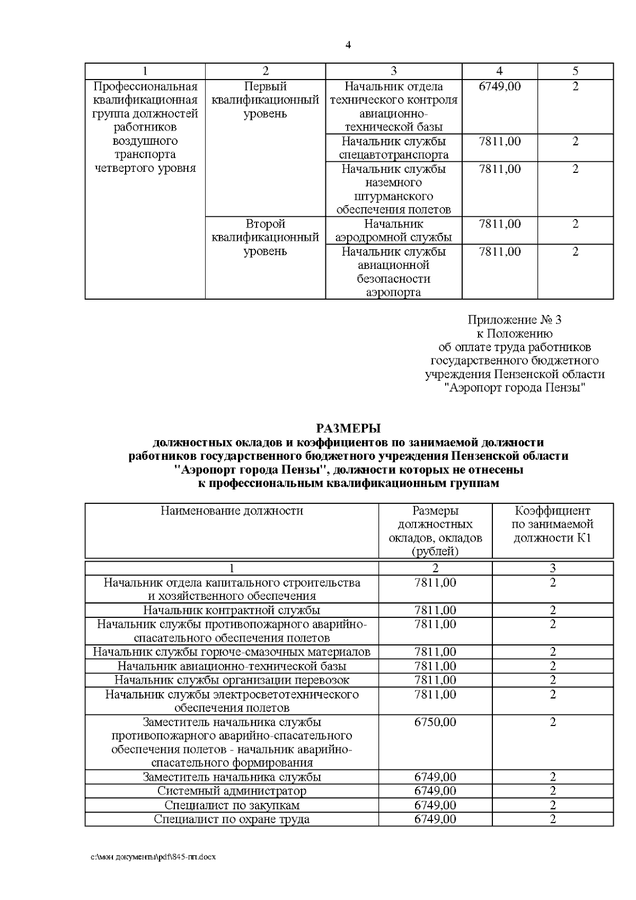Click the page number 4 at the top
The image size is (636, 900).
click(x=348, y=45)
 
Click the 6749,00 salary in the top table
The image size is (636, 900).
click(x=499, y=86)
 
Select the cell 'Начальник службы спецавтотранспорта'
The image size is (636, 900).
click(x=393, y=148)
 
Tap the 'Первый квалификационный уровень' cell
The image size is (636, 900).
click(x=265, y=100)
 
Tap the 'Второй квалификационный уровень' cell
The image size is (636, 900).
click(x=265, y=237)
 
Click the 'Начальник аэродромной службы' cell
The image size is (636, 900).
click(x=393, y=230)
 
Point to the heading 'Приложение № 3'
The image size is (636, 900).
click(x=514, y=320)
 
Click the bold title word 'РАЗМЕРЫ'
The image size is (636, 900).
click(x=348, y=428)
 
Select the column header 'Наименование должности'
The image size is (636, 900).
click(x=232, y=511)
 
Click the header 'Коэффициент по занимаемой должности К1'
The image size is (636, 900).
click(x=552, y=524)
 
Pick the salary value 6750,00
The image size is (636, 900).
click(x=435, y=722)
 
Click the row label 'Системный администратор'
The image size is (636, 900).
click(x=232, y=791)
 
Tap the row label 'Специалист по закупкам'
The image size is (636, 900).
click(x=232, y=805)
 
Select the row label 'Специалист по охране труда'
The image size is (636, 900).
click(x=232, y=819)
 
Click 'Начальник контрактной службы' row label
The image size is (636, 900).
click(x=232, y=610)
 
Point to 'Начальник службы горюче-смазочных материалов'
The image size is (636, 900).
click(x=232, y=652)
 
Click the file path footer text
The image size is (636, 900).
click(x=153, y=857)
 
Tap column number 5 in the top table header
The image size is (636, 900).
click(x=575, y=71)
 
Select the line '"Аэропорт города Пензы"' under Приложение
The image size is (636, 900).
click(x=514, y=388)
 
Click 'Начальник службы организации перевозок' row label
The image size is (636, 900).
click(x=232, y=680)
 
